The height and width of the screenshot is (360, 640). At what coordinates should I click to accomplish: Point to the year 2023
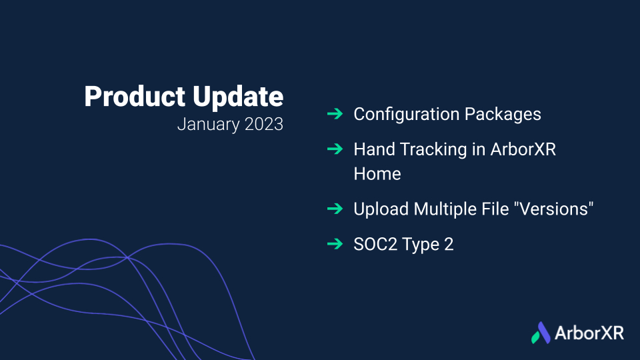(x=264, y=124)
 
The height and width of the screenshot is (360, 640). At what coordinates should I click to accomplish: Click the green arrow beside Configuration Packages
(x=335, y=113)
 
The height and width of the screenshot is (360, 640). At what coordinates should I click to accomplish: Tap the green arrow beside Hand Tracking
(x=335, y=149)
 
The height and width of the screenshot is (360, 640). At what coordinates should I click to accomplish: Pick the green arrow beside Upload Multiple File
(x=335, y=209)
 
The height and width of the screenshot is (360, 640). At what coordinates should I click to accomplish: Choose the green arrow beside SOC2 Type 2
(x=335, y=244)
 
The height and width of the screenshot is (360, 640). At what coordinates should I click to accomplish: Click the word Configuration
(x=406, y=115)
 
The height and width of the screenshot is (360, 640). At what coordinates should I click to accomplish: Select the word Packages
(x=503, y=115)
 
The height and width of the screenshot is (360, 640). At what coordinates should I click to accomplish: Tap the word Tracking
(x=433, y=150)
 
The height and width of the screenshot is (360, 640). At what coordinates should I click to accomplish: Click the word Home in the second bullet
(x=377, y=174)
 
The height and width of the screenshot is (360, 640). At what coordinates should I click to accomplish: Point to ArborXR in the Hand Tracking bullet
(x=523, y=149)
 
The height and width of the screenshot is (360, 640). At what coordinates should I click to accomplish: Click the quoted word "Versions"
(x=554, y=209)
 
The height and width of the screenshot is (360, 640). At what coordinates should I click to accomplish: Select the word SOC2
(x=376, y=245)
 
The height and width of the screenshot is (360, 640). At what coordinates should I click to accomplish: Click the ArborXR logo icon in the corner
(x=541, y=333)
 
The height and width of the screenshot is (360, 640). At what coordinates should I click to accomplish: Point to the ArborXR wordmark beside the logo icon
(x=589, y=333)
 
